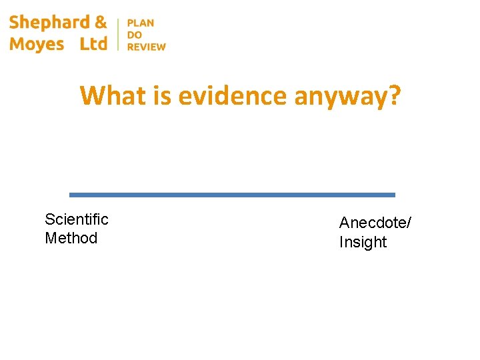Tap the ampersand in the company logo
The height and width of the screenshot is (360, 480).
[101, 22]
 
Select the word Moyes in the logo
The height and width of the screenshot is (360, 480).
[37, 44]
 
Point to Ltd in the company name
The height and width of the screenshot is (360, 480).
[93, 44]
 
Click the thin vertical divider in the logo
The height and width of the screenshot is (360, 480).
[118, 34]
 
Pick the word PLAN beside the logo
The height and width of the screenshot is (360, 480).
[141, 23]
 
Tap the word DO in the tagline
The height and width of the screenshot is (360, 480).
[135, 35]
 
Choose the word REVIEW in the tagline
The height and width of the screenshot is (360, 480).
[147, 47]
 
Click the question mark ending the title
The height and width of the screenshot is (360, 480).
[395, 96]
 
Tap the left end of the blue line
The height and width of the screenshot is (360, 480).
[71, 195]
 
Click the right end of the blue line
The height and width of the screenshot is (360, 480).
[393, 195]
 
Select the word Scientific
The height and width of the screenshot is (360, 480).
[76, 219]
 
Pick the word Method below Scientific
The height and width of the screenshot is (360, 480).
[71, 238]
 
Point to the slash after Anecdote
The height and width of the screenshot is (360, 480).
[409, 223]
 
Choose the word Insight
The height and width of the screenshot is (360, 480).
[363, 242]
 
